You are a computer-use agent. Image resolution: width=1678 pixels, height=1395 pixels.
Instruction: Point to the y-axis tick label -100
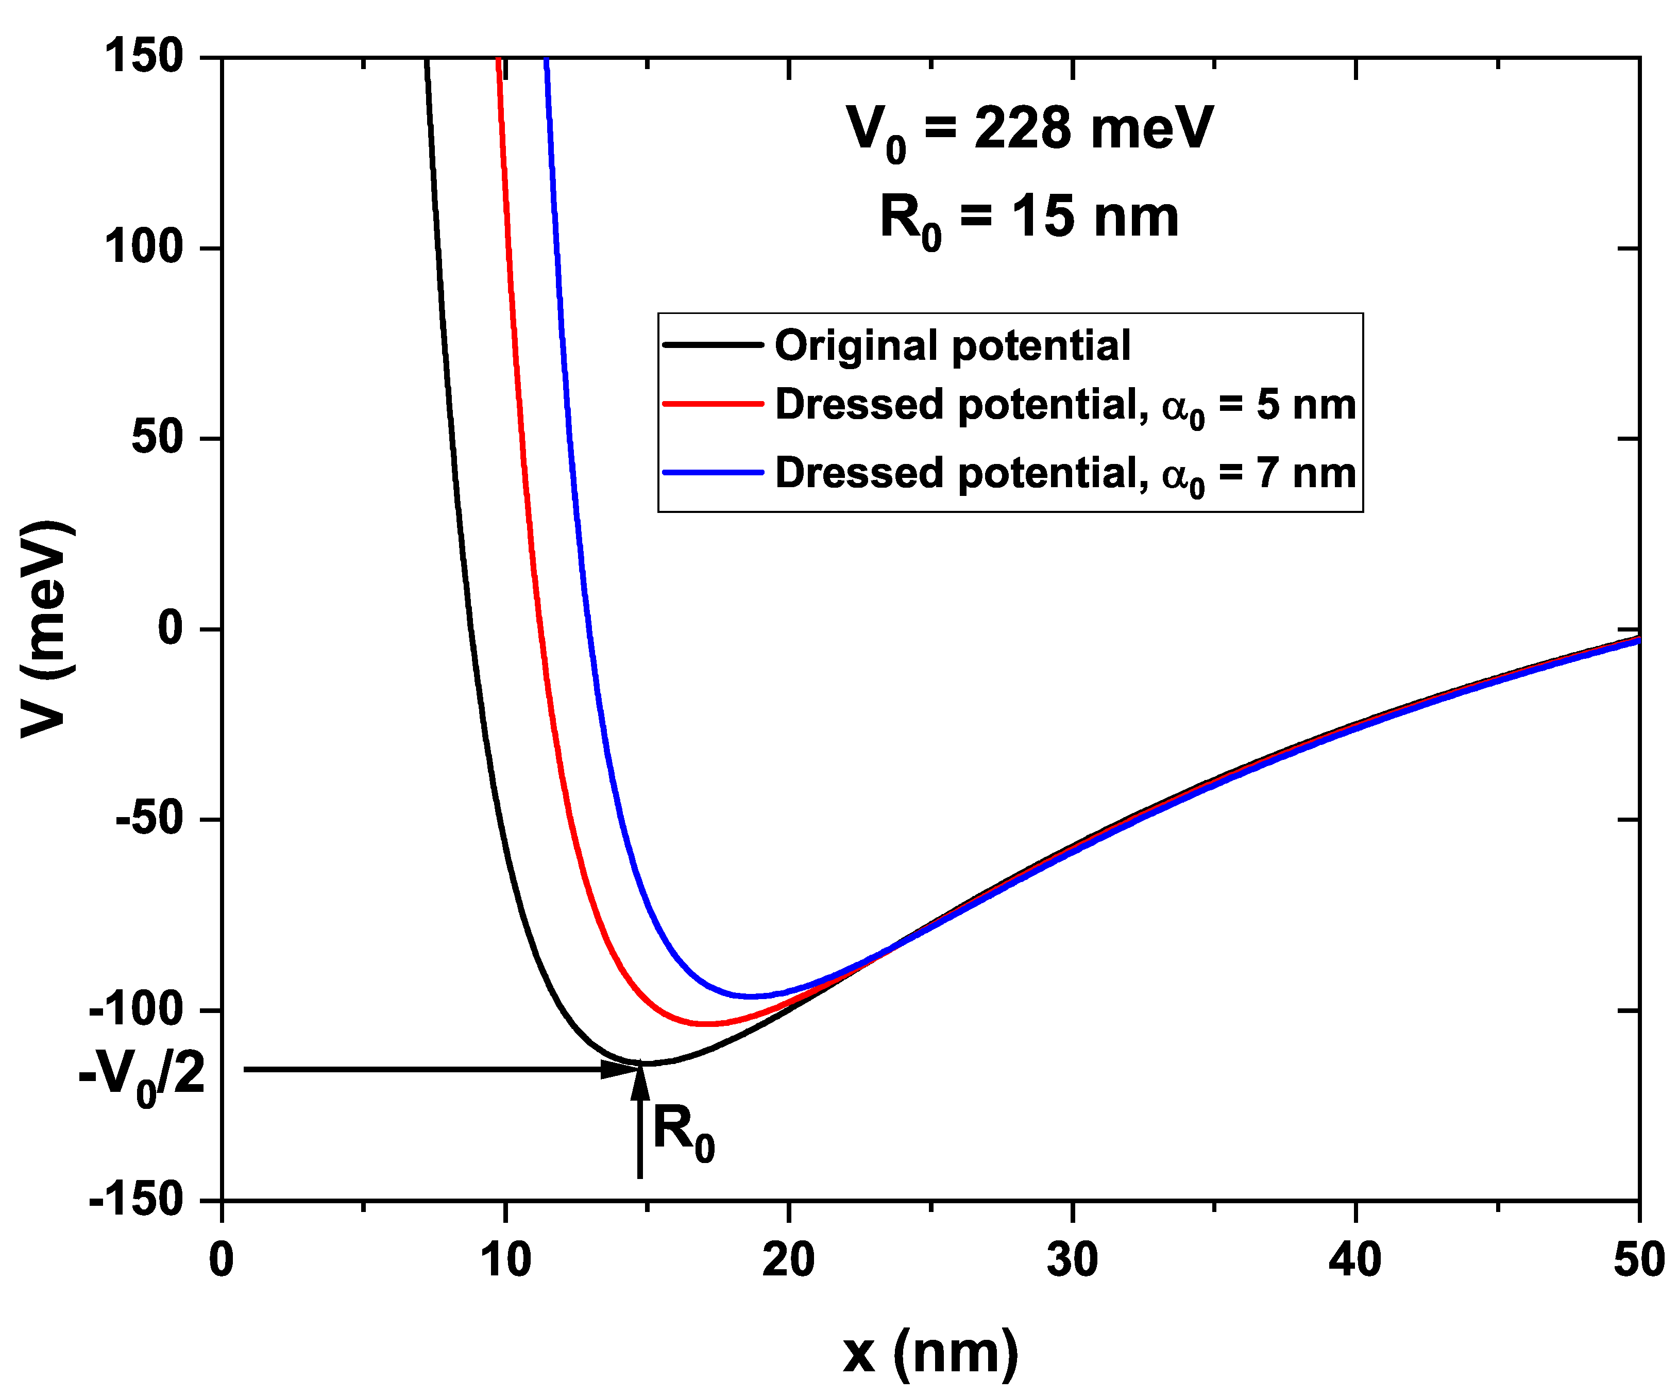point(136,1010)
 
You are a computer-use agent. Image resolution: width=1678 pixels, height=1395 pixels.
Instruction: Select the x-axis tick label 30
point(1072,1260)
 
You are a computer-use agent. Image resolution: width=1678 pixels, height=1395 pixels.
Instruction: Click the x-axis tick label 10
point(505,1260)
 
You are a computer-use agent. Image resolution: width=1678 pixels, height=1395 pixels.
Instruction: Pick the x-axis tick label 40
point(1355,1260)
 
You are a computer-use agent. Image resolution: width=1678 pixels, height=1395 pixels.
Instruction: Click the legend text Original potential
point(953,345)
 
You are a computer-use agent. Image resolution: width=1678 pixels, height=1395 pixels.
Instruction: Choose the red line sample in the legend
point(713,405)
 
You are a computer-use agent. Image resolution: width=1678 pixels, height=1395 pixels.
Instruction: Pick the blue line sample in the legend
point(713,472)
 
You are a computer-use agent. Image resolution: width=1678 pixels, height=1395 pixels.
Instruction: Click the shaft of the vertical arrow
point(639,1135)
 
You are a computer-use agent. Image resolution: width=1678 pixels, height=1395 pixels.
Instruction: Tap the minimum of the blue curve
point(751,996)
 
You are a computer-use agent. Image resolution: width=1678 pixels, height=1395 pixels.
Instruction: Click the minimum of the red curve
point(707,1023)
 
